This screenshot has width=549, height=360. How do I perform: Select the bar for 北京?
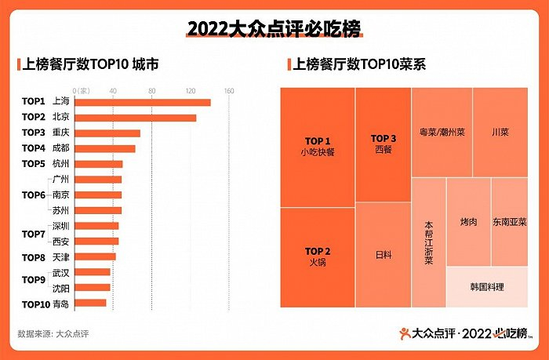(136, 118)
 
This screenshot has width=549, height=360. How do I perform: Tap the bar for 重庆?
(107, 133)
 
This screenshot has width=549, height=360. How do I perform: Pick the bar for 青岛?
(91, 303)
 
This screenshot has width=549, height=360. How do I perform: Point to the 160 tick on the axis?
(229, 90)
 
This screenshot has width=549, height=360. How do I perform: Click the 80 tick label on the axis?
(152, 90)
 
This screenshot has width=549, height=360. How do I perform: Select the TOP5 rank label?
(34, 164)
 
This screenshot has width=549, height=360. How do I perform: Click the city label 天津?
(60, 257)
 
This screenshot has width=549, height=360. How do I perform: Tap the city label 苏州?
(60, 211)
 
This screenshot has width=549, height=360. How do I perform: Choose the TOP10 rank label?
(36, 304)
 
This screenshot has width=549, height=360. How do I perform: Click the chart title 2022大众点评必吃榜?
(274, 29)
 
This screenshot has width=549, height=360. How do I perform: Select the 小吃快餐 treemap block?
(318, 147)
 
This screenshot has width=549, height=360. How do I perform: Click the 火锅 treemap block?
(318, 257)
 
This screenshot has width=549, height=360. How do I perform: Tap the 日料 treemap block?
(384, 255)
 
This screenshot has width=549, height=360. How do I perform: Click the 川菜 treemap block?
(500, 132)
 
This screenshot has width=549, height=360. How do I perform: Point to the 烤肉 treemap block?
(468, 222)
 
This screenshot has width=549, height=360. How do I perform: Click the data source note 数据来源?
(53, 333)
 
